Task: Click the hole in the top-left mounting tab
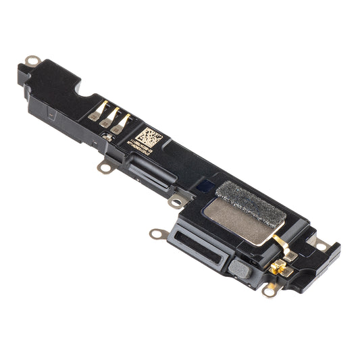(30, 61)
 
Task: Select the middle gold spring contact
(111, 118)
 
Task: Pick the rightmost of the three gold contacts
(123, 122)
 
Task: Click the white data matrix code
(151, 138)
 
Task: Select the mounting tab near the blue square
(177, 201)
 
